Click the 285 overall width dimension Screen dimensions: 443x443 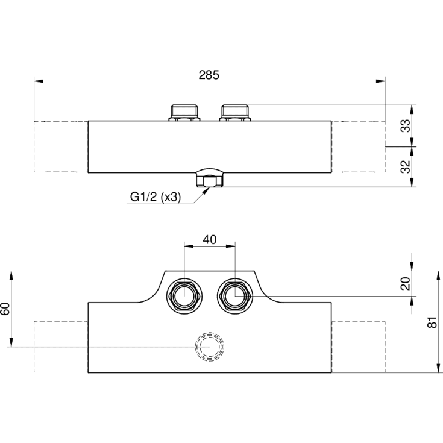[x=209, y=75]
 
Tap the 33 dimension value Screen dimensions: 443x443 [x=406, y=126]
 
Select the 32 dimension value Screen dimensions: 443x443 [x=406, y=167]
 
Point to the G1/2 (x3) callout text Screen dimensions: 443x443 [x=155, y=196]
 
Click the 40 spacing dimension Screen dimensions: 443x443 [x=210, y=240]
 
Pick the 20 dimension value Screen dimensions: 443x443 [x=406, y=284]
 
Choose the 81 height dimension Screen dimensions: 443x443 [x=432, y=322]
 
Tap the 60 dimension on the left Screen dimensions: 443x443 [x=5, y=309]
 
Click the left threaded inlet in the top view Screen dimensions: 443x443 [x=184, y=113]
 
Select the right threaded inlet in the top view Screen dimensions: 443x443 [x=235, y=113]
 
